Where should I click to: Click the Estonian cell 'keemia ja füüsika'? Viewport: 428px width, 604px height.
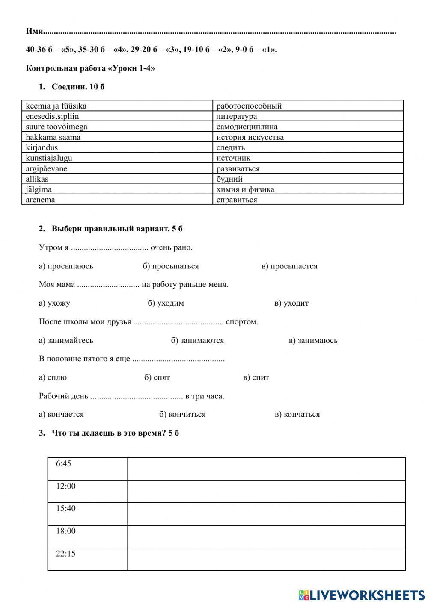click(x=56, y=106)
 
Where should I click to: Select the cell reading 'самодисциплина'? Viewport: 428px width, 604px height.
click(x=247, y=127)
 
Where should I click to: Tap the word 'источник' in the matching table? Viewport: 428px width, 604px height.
click(x=233, y=158)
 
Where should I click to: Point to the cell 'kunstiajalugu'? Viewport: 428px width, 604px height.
click(x=49, y=158)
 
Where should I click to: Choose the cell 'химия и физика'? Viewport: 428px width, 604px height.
click(x=245, y=189)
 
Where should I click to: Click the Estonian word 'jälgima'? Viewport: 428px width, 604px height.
click(x=39, y=189)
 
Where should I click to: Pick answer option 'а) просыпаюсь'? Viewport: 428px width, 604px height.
click(x=66, y=266)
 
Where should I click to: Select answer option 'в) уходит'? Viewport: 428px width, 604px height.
click(x=291, y=303)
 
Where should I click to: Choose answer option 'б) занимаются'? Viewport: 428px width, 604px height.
click(x=197, y=341)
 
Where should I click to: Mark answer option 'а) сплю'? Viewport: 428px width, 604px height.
click(x=53, y=377)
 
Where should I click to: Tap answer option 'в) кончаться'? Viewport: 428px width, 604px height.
click(x=297, y=415)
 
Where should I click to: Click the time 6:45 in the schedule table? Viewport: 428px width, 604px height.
click(x=63, y=464)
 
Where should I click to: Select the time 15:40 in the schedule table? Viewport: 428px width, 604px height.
click(x=65, y=509)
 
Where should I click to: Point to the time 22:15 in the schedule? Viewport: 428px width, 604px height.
click(x=65, y=554)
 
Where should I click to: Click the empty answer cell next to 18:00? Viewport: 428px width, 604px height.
click(x=266, y=536)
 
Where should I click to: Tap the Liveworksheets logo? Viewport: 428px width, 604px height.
click(x=362, y=595)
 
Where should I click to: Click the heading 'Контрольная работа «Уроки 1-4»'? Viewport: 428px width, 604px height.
click(x=90, y=68)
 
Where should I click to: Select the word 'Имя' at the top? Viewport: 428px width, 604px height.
click(x=35, y=31)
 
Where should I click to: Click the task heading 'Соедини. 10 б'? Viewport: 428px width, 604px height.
click(x=78, y=87)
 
